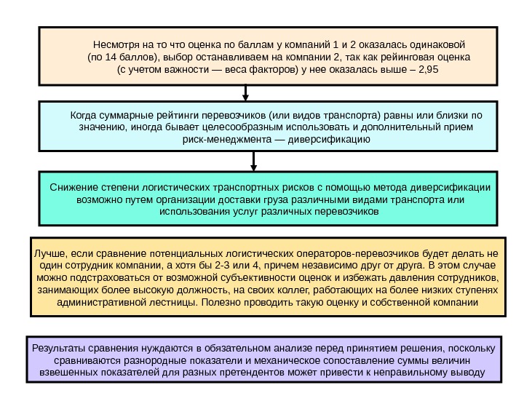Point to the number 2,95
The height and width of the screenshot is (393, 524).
click(x=434, y=71)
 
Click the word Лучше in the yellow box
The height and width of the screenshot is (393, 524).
click(x=47, y=253)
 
